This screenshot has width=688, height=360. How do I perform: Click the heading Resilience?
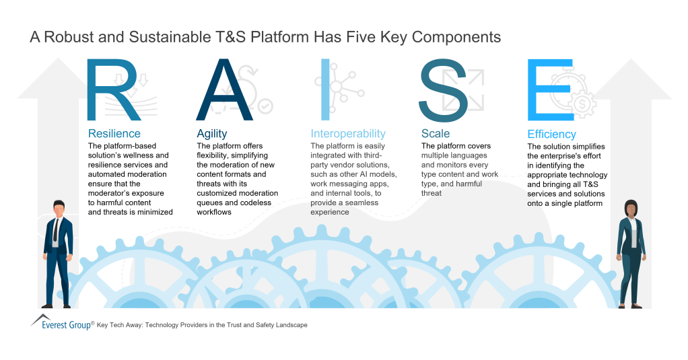[114, 133]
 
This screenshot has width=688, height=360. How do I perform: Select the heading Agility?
[211, 133]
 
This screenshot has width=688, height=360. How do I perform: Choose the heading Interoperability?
[347, 133]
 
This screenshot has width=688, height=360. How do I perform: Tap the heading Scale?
[435, 133]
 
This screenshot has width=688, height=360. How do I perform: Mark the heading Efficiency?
[551, 134]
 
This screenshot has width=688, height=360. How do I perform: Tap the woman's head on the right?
[630, 209]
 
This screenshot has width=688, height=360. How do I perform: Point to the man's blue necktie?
[59, 235]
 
